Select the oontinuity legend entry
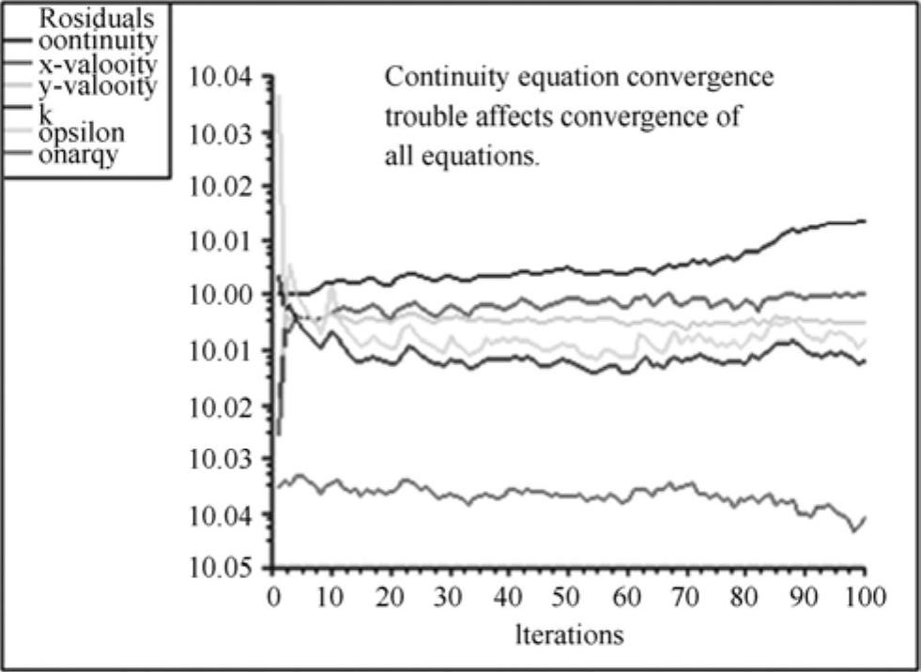coord(97,41)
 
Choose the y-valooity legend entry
coord(99,88)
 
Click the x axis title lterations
coord(570,635)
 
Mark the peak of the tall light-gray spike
coord(278,94)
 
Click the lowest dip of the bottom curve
coord(854,532)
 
